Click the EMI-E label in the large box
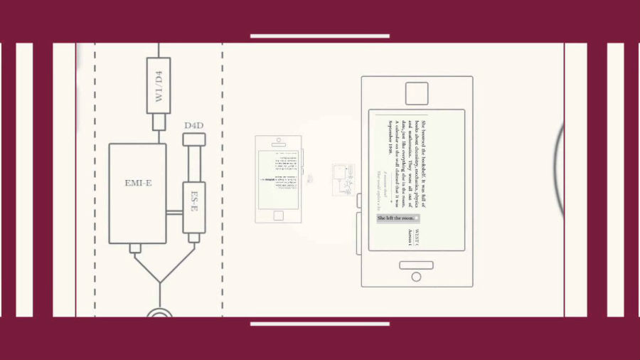point(137,184)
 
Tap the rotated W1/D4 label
point(158,85)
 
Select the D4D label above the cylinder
point(194,126)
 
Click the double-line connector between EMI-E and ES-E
point(174,212)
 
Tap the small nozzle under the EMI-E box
point(135,248)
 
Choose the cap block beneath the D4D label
point(194,139)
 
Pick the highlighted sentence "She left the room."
point(398,218)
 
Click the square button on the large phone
point(416,94)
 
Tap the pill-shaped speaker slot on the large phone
point(416,265)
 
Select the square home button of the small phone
point(279,215)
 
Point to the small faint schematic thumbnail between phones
point(343,180)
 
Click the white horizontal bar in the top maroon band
point(319,36)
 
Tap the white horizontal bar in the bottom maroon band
point(319,324)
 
